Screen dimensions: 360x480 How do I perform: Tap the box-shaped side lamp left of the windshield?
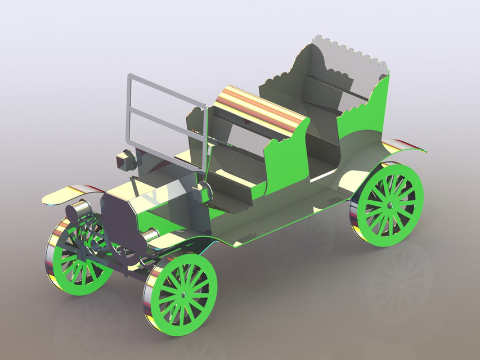point(125,160)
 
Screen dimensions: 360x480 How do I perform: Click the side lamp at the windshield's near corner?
point(203,193)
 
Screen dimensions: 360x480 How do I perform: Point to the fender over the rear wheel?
point(402,147)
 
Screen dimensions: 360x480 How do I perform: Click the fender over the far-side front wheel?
point(65,194)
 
